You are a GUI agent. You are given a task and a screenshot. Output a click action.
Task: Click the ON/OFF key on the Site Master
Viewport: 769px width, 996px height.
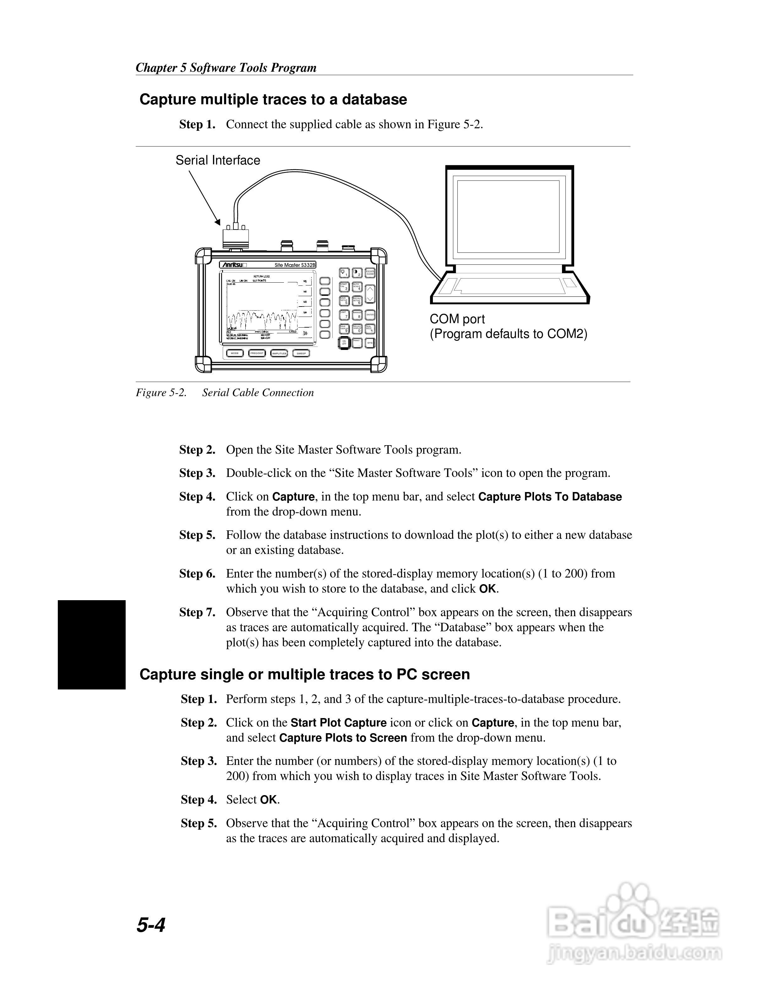(344, 342)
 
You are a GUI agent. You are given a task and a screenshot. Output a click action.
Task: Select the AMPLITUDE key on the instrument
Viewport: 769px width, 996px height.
(279, 353)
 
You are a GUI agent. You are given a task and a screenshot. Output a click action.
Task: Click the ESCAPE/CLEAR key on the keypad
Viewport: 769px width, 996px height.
(370, 273)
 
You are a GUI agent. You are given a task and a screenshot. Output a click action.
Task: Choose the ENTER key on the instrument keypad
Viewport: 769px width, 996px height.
(370, 315)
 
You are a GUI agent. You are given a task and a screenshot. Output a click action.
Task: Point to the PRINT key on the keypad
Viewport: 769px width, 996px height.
(357, 342)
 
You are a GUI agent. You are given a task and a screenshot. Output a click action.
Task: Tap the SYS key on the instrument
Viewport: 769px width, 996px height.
(370, 342)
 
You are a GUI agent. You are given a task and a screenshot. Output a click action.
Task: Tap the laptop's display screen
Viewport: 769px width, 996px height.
(508, 216)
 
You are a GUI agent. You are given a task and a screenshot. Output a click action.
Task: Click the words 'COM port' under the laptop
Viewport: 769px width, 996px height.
(457, 319)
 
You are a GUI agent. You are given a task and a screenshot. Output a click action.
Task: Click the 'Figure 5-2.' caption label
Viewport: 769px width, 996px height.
(161, 393)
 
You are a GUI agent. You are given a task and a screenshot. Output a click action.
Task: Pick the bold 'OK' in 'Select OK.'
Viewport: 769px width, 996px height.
(268, 800)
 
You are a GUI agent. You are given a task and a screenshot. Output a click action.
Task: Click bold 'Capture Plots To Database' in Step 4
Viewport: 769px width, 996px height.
(549, 497)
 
